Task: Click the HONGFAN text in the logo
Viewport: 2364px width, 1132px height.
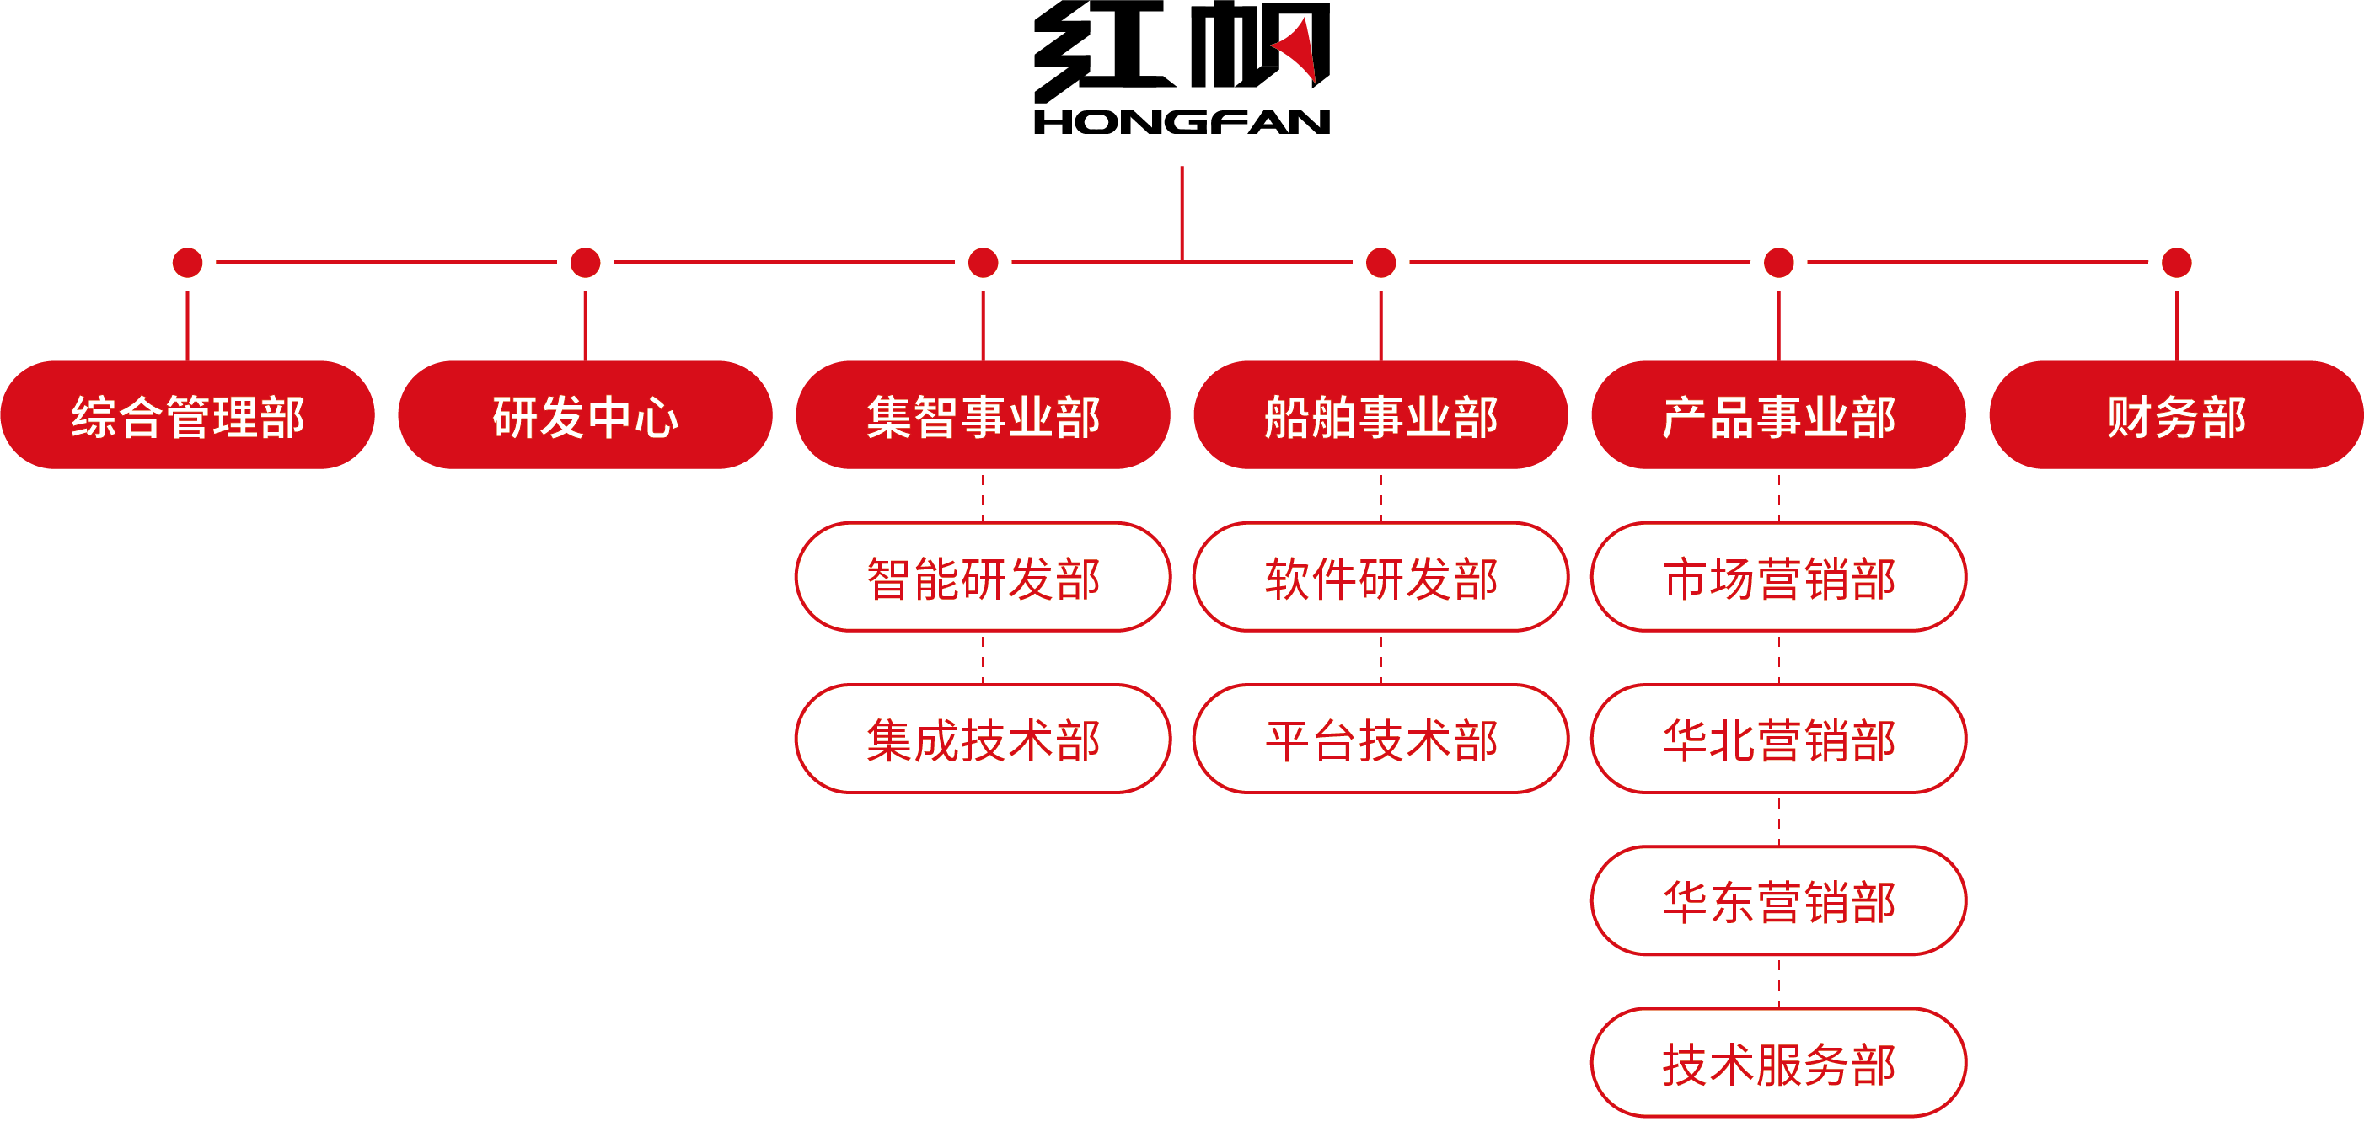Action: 1181,122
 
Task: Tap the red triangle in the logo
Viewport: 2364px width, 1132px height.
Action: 1300,51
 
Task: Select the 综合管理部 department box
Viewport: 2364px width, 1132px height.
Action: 187,415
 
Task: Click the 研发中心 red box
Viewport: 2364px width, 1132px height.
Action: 585,415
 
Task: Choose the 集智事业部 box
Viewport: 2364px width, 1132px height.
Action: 983,415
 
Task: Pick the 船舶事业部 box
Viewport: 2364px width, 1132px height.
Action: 1380,415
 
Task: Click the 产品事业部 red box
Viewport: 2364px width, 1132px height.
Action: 1778,415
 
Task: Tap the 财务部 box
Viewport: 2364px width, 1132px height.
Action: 2176,415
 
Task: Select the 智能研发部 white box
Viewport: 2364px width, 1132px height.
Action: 983,578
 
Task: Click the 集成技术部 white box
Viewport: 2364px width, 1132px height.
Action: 983,740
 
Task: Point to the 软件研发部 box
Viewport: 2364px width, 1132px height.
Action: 1380,578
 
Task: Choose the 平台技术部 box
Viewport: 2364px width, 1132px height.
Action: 1380,740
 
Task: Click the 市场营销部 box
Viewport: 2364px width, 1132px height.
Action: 1778,578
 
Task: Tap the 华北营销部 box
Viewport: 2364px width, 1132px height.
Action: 1778,740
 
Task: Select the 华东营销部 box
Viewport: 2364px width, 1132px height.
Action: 1778,902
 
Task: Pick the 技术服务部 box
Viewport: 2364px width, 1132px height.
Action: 1778,1063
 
